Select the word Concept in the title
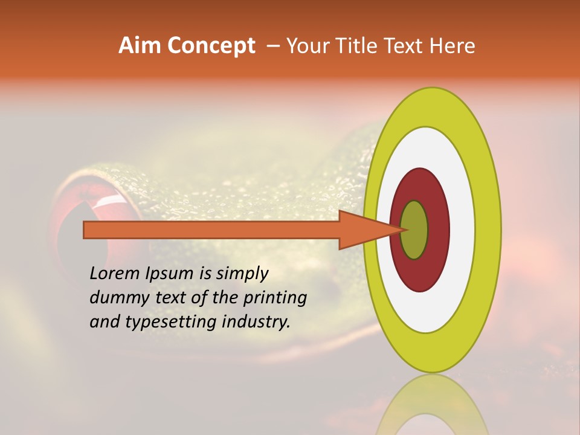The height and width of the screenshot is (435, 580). pyautogui.click(x=211, y=46)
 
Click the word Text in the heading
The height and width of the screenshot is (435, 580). pyautogui.click(x=405, y=46)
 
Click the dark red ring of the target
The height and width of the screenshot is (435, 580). pyautogui.click(x=438, y=230)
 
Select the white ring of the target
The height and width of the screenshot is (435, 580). pyautogui.click(x=462, y=230)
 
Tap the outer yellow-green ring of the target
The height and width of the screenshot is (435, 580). pyautogui.click(x=488, y=230)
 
